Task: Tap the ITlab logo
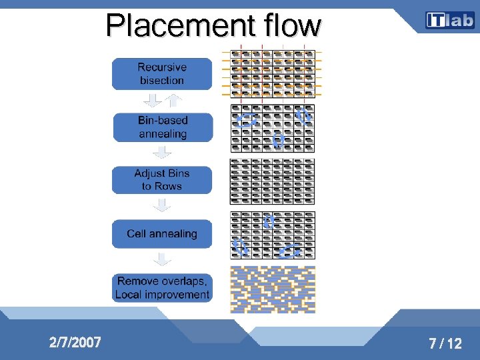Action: point(449,21)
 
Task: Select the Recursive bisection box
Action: point(162,73)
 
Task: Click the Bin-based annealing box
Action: point(163,127)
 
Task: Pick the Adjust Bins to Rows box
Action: point(162,180)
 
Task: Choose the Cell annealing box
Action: point(162,234)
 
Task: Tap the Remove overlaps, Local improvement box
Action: point(162,287)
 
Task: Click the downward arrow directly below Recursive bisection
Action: point(153,101)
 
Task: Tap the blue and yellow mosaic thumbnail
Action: point(272,289)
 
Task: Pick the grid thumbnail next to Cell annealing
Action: point(272,235)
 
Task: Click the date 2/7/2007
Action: point(75,343)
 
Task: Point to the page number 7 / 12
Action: point(445,344)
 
